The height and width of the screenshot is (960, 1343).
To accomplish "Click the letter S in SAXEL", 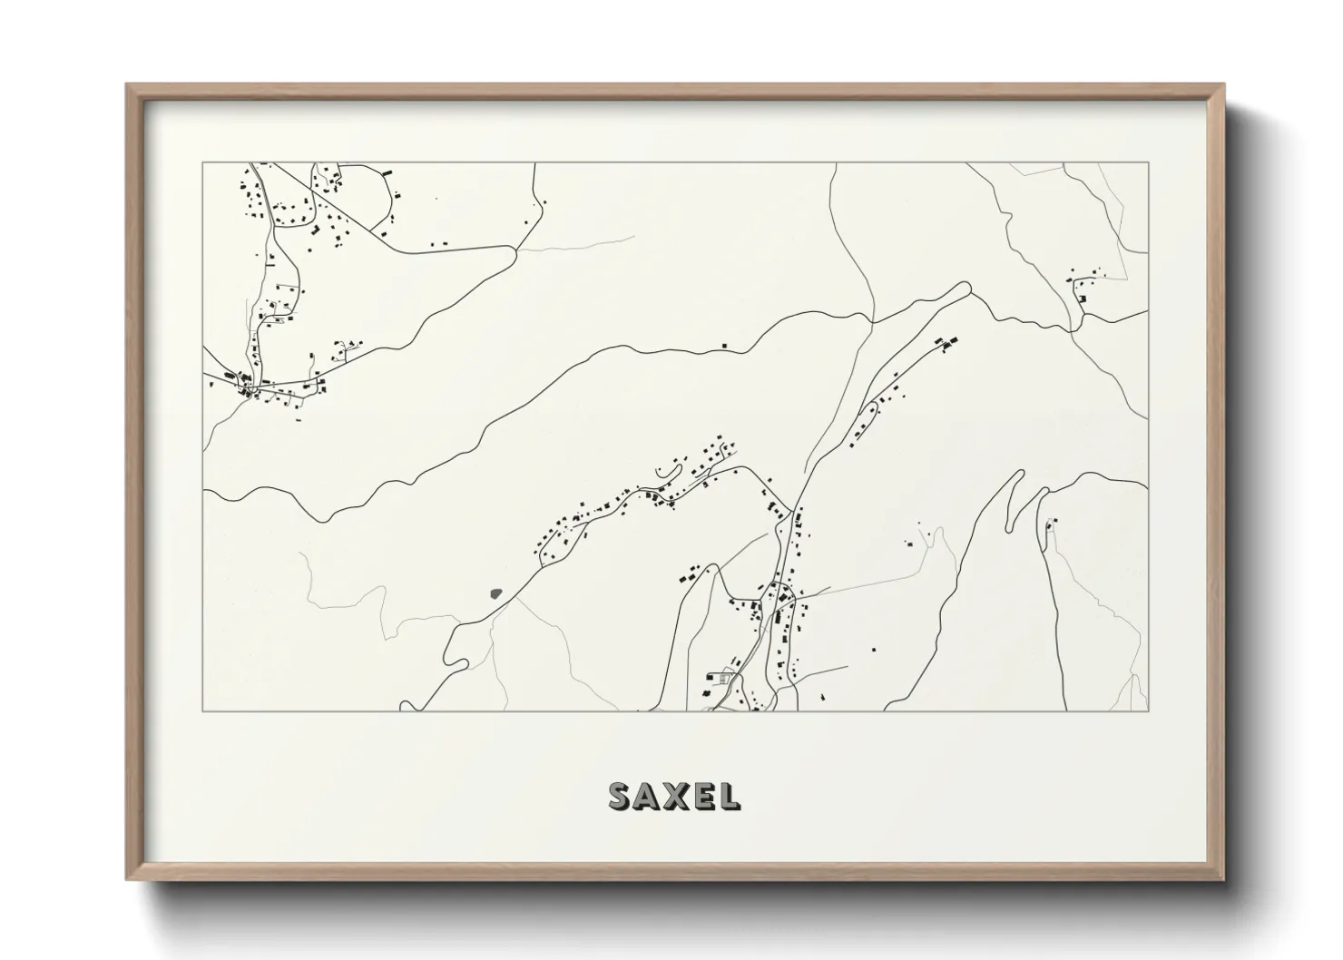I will tap(622, 796).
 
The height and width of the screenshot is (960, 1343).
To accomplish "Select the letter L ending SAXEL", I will tap(729, 796).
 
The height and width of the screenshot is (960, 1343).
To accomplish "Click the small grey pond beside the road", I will tap(495, 593).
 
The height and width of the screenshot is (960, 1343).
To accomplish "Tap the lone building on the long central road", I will tap(724, 345).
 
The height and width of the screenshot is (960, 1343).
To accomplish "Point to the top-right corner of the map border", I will tap(1148, 163).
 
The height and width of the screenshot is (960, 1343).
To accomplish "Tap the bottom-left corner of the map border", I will tap(203, 710).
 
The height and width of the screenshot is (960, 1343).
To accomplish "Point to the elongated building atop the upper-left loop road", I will tap(385, 171).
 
